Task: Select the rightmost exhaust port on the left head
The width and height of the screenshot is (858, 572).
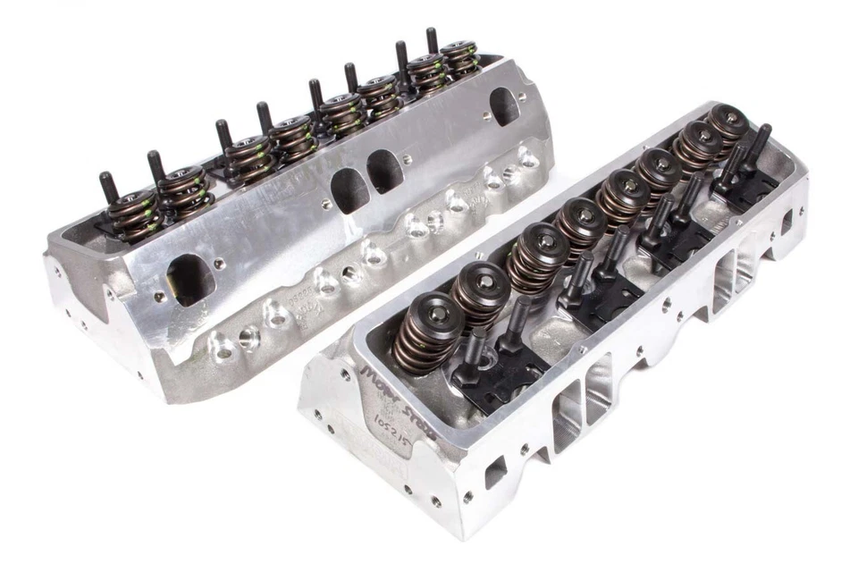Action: [505, 107]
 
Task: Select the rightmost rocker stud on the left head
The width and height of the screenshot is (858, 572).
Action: [433, 40]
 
